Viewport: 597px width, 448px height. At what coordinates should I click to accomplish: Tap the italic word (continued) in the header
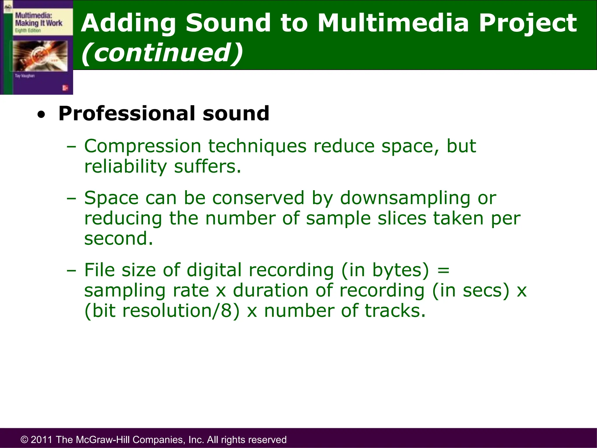pos(162,52)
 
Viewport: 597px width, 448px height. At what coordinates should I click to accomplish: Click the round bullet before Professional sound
pos(41,115)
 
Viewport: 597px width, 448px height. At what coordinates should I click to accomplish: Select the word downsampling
pos(405,198)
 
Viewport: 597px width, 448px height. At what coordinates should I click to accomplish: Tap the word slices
pos(402,218)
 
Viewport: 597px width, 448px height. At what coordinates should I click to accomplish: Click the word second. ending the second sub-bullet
pos(118,239)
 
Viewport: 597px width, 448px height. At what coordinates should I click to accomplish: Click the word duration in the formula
pos(271,290)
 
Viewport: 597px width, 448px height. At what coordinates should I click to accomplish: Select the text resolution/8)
pos(181,311)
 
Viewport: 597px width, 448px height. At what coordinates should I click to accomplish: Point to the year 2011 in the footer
pos(42,440)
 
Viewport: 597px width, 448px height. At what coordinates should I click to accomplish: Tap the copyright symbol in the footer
pos(24,440)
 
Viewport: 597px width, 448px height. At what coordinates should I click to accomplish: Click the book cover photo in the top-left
pos(40,56)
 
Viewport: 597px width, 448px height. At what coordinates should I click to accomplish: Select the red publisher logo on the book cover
pos(65,88)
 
